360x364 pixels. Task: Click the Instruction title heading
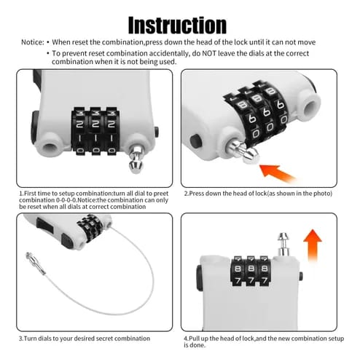click(177, 25)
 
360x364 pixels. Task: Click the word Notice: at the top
click(33, 42)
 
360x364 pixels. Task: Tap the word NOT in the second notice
click(209, 53)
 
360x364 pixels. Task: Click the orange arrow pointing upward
click(313, 245)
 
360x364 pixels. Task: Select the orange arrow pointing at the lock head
click(278, 173)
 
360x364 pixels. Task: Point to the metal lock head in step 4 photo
click(283, 244)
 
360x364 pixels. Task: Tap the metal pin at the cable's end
click(36, 263)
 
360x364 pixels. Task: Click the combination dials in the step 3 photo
click(90, 228)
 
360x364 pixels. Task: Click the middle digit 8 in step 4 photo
click(251, 269)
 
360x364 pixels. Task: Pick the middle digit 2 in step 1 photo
click(95, 124)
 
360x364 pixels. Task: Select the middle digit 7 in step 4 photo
click(251, 280)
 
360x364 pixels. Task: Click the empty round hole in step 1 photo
click(50, 147)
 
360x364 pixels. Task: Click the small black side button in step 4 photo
click(301, 277)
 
